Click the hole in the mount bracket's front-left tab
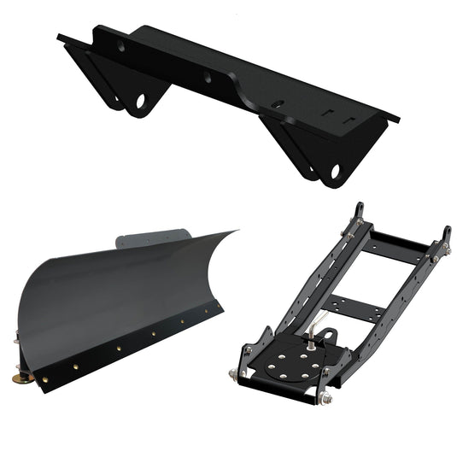pos(140,101)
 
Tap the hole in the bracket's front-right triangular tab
pos(334,172)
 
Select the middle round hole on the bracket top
pos(208,77)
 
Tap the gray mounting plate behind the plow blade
pos(154,237)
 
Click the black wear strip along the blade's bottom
pos(128,351)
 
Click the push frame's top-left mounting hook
pos(359,211)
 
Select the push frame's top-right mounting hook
pos(445,234)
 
